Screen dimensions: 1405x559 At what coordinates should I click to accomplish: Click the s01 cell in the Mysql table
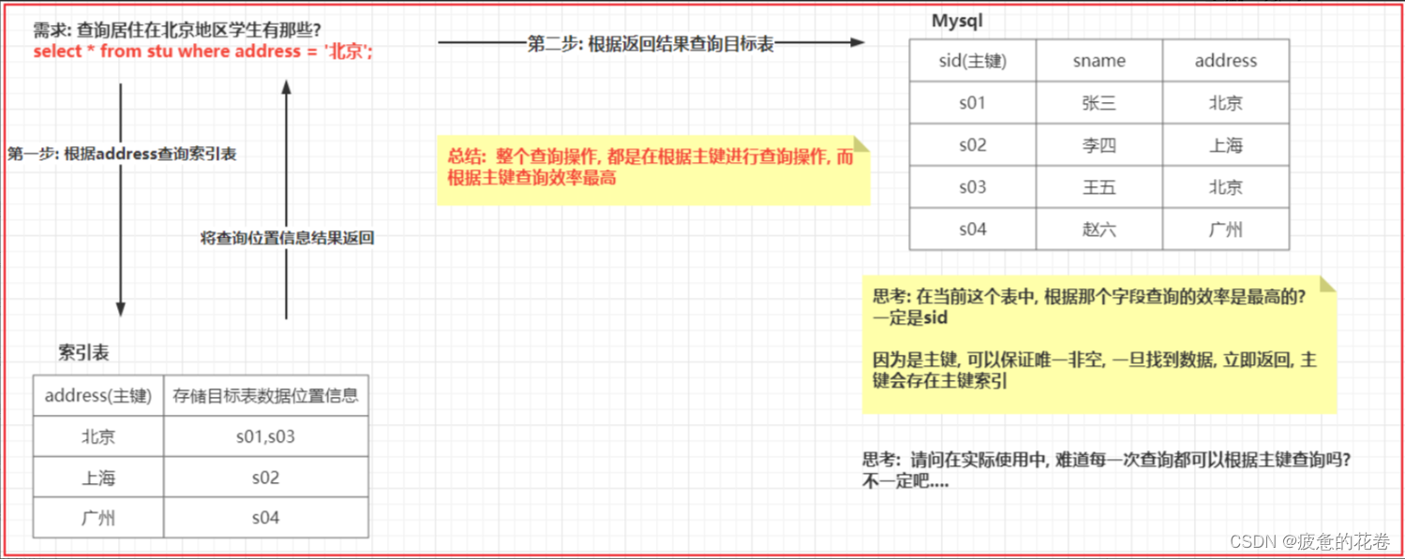tap(972, 103)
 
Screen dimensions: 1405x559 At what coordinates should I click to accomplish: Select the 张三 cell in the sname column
tap(1099, 103)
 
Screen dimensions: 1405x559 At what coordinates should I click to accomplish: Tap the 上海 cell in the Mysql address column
tap(1225, 145)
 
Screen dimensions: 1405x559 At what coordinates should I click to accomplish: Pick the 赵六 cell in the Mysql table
tap(1099, 229)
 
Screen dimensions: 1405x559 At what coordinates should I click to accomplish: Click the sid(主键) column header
tap(972, 61)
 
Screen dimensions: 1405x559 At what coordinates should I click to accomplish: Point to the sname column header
tap(1099, 61)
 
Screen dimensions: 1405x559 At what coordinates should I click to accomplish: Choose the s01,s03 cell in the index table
tap(265, 436)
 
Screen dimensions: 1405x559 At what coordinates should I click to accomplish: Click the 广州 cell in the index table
tap(98, 518)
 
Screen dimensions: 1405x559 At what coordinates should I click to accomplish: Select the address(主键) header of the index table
tap(98, 395)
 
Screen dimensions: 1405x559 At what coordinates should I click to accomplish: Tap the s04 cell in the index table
tap(265, 518)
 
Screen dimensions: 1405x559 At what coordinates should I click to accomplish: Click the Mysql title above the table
tap(957, 21)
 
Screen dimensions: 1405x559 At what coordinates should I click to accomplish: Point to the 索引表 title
tap(83, 353)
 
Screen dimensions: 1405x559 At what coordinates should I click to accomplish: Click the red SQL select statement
tap(202, 51)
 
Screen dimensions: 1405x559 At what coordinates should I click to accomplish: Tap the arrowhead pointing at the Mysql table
tap(856, 42)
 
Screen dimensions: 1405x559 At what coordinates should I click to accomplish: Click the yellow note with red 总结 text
tap(652, 169)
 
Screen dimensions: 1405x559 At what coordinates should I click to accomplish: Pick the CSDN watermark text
tap(1308, 542)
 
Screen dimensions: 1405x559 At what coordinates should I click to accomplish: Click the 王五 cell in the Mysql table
tap(1099, 187)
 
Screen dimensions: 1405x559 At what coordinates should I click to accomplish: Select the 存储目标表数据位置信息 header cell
tap(265, 395)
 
